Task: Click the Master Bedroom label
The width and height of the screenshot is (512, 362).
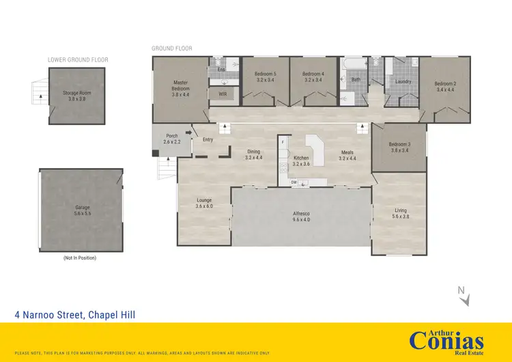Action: [x=180, y=89]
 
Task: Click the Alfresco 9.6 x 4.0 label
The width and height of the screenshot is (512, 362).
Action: [x=302, y=217]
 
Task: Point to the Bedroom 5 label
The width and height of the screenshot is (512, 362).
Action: [x=265, y=76]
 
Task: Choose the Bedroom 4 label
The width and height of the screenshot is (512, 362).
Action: [x=313, y=76]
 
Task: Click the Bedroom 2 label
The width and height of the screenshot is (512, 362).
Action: [x=444, y=87]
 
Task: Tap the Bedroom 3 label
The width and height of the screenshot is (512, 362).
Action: [x=399, y=147]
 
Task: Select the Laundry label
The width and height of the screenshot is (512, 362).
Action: [x=403, y=82]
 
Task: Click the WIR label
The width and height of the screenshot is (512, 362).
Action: [x=223, y=94]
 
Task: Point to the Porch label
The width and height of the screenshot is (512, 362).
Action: [x=172, y=139]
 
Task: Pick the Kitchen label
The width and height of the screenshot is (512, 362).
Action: [x=301, y=161]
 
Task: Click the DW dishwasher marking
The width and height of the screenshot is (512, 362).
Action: [x=293, y=182]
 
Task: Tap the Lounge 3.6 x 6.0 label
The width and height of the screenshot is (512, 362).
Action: [x=204, y=203]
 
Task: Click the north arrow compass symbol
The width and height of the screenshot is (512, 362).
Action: [x=462, y=294]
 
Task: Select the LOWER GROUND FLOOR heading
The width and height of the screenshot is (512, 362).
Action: [x=78, y=60]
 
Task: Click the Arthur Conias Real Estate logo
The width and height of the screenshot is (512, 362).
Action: [x=446, y=339]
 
